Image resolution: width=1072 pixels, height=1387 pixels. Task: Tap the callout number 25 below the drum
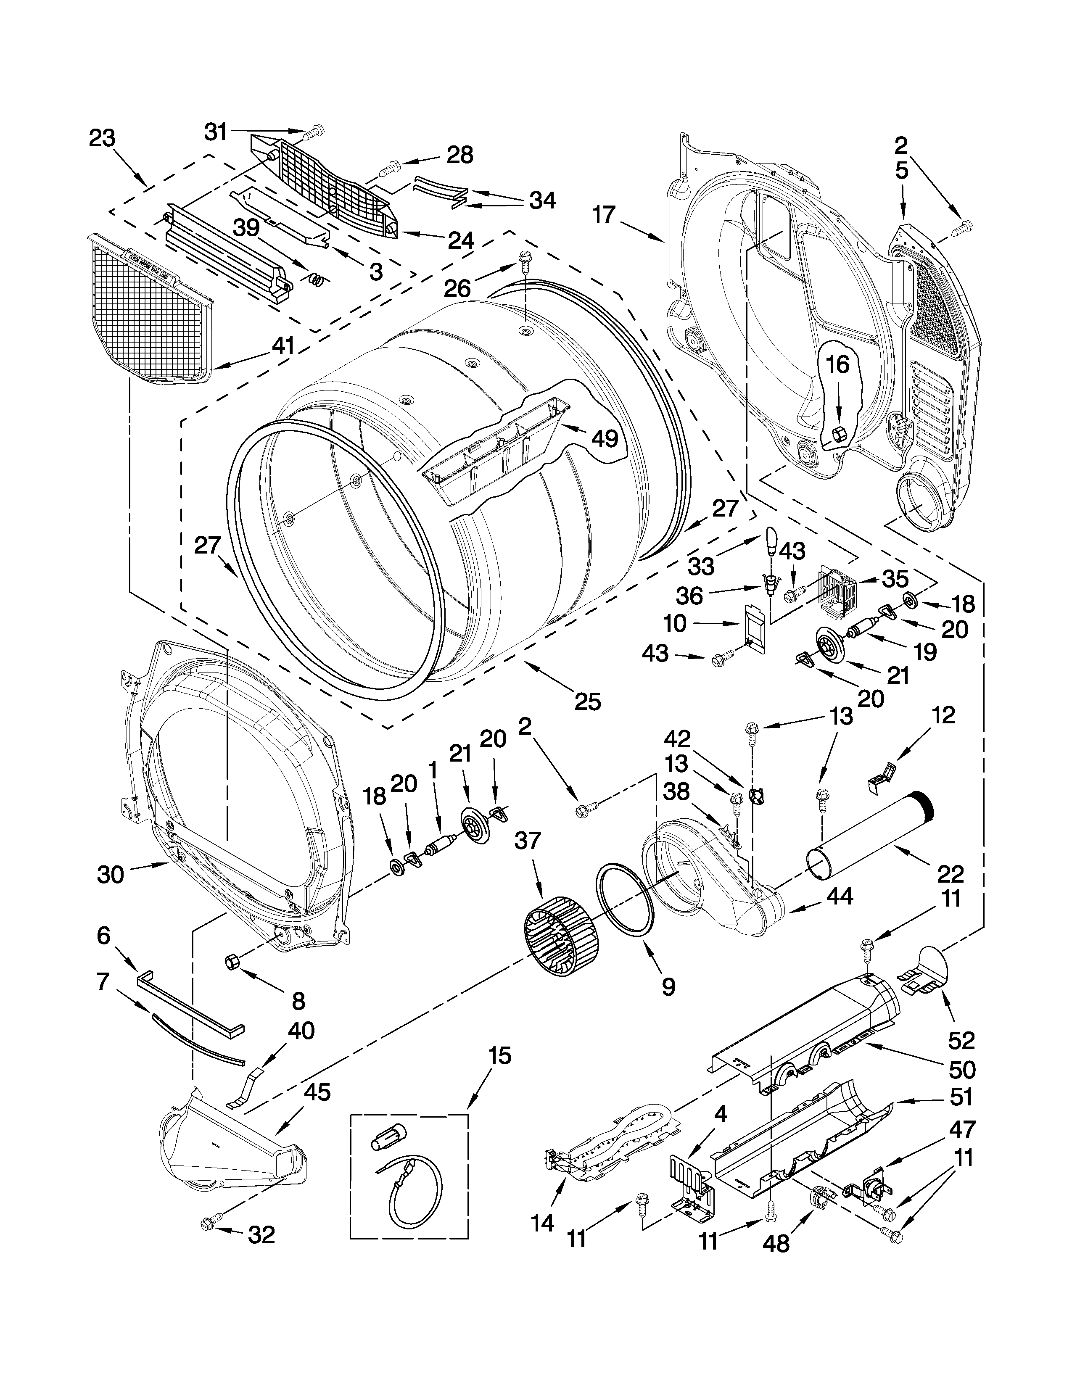point(587,702)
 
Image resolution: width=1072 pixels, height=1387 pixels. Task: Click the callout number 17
point(604,215)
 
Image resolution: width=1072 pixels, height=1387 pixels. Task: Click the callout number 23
point(102,138)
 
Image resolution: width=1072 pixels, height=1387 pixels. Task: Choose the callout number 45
point(317,1092)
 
